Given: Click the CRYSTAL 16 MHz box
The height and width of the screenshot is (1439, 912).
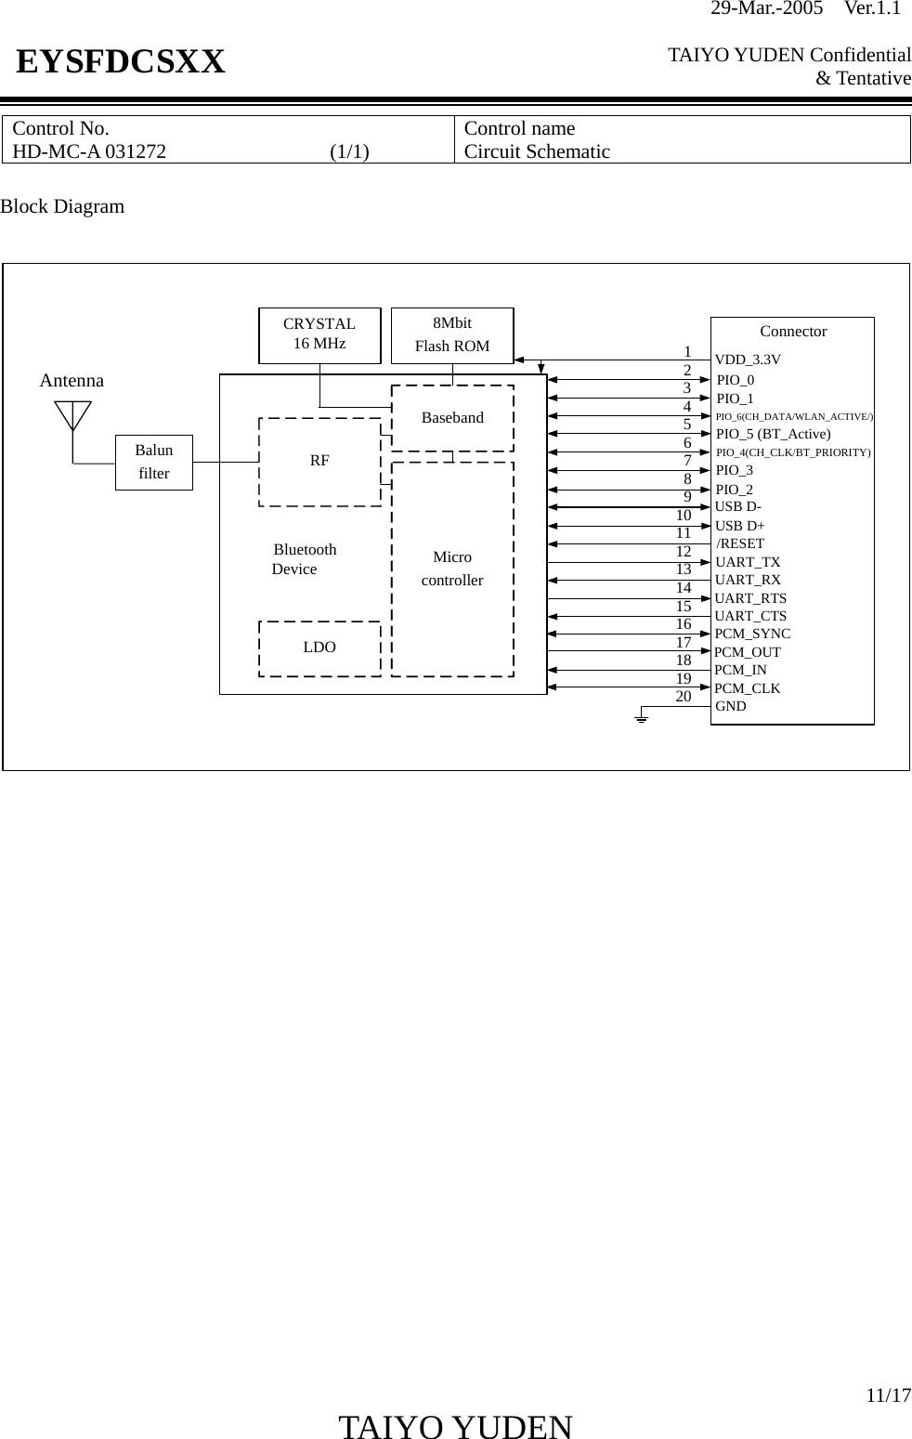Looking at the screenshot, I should pyautogui.click(x=319, y=335).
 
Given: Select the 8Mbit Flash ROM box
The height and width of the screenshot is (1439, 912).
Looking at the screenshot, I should pyautogui.click(x=452, y=335).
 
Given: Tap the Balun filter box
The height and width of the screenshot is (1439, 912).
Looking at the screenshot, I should pyautogui.click(x=154, y=462).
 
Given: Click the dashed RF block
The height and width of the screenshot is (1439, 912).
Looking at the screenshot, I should pyautogui.click(x=319, y=461).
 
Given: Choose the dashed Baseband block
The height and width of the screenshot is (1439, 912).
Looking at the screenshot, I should pyautogui.click(x=452, y=418).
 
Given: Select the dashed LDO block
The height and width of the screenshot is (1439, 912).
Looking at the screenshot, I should pyautogui.click(x=319, y=648).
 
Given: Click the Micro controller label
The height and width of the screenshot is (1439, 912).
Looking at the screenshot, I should pyautogui.click(x=452, y=569).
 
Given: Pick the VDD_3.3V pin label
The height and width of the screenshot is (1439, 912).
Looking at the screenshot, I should pyautogui.click(x=748, y=360).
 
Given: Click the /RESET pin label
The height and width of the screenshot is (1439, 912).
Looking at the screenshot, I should pyautogui.click(x=740, y=543).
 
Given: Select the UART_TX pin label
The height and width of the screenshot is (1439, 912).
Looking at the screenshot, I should pyautogui.click(x=748, y=562).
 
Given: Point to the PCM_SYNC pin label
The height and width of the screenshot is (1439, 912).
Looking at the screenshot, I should pyautogui.click(x=752, y=634).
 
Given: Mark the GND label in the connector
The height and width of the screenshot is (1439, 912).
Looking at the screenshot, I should pyautogui.click(x=731, y=706).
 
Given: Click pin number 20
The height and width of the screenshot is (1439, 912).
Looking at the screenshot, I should pyautogui.click(x=684, y=696).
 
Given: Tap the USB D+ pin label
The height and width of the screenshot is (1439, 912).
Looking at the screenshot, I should pyautogui.click(x=740, y=526).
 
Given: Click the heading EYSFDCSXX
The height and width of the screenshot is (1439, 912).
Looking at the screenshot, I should pyautogui.click(x=121, y=62).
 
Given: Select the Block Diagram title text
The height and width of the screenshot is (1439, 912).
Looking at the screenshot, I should pyautogui.click(x=62, y=206).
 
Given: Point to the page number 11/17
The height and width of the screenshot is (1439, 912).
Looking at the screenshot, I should pyautogui.click(x=889, y=1395).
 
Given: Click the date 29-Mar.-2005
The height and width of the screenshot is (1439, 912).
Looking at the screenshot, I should pyautogui.click(x=766, y=9).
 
